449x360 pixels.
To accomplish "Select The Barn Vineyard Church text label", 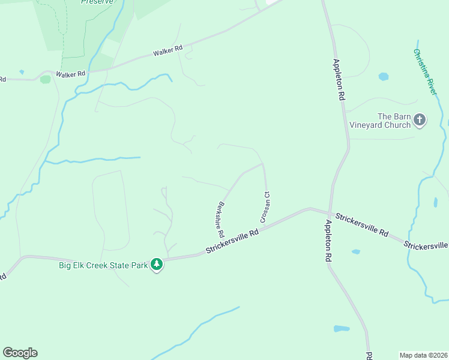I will (393, 121).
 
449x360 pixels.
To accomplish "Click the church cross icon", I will (420, 120).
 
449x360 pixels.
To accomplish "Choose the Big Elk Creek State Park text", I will (103, 265).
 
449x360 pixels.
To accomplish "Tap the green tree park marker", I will (157, 264).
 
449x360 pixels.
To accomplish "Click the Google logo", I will (20, 353).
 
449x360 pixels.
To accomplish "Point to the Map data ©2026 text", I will (423, 355).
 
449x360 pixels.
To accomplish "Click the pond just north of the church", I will (384, 77).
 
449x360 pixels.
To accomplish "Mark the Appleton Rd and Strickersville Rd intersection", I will (330, 212).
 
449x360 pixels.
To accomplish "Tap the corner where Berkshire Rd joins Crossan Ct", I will (263, 163).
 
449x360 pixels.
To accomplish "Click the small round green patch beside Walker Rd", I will (46, 79).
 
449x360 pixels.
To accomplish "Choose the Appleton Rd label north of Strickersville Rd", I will (339, 79).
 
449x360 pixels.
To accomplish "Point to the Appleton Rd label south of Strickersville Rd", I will (328, 240).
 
